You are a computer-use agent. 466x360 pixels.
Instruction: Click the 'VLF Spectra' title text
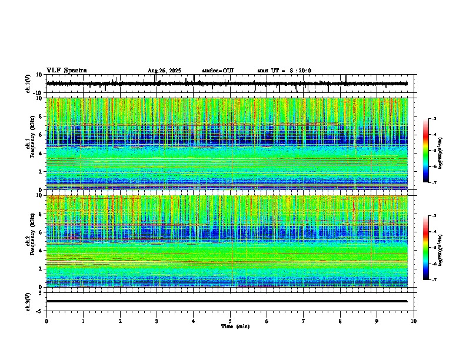[66, 71]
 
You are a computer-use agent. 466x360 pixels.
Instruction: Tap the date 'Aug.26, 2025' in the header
[164, 71]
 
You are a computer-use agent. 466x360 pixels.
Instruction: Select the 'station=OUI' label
[218, 71]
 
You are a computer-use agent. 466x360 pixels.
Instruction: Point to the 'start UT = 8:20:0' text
[284, 71]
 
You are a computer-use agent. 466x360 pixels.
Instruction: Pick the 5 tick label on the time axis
[230, 321]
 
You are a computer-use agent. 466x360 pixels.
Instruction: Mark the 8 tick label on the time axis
[340, 321]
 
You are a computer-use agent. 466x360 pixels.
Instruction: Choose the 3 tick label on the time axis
[157, 321]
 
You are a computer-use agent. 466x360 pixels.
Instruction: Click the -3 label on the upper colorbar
[435, 119]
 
